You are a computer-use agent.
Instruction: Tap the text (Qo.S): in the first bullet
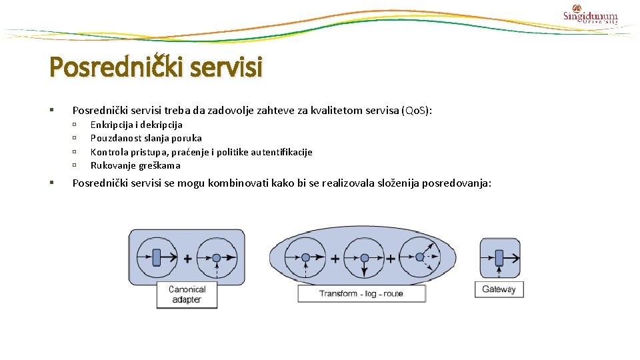[417, 110]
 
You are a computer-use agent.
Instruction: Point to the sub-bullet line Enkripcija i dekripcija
[136, 125]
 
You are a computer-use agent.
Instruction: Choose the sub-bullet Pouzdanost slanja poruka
[146, 138]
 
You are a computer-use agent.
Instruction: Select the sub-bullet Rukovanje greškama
[135, 165]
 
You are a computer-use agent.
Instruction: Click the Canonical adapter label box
[187, 294]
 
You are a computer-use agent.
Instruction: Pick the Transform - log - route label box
[361, 293]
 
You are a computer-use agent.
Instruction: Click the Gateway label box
[499, 289]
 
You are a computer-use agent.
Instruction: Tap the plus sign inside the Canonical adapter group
[187, 259]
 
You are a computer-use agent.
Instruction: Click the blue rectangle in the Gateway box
[498, 257]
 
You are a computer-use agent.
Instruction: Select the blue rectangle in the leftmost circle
[156, 257]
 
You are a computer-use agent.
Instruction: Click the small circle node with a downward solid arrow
[364, 257]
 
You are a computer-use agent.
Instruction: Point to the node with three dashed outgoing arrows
[419, 257]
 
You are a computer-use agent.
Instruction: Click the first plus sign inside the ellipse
[335, 259]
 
